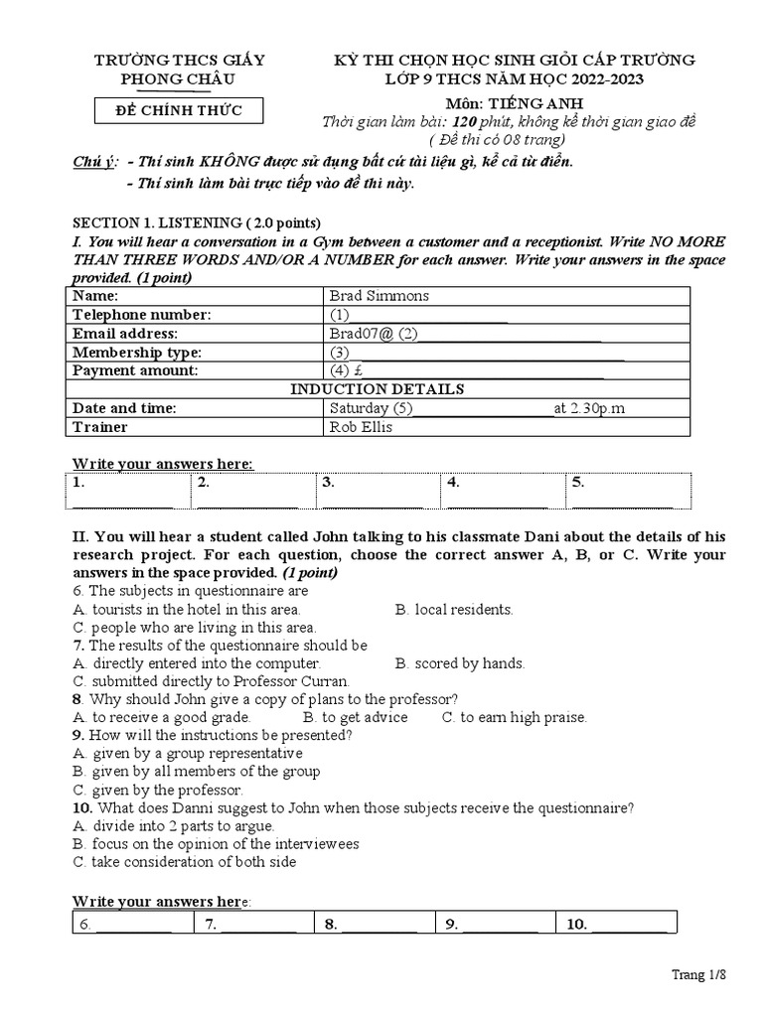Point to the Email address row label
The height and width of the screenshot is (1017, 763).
pyautogui.click(x=125, y=334)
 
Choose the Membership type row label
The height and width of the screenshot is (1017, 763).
pyautogui.click(x=136, y=353)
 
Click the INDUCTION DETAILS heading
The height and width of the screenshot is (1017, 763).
pyautogui.click(x=377, y=389)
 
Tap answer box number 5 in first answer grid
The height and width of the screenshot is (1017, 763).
pyautogui.click(x=628, y=490)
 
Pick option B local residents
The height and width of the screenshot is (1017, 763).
pyautogui.click(x=454, y=610)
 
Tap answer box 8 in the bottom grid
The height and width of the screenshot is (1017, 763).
pyautogui.click(x=374, y=925)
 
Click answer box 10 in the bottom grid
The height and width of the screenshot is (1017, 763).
pyautogui.click(x=615, y=925)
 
